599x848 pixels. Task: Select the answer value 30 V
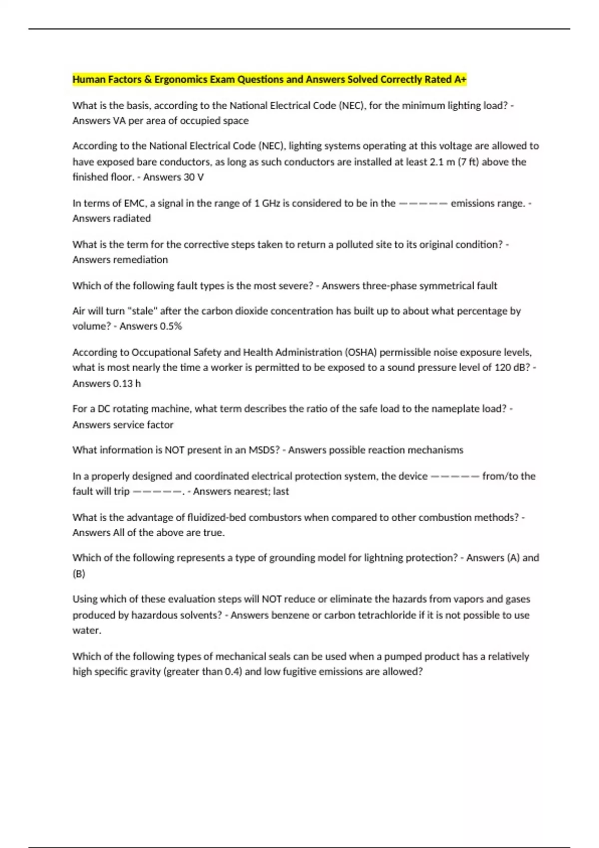pyautogui.click(x=194, y=177)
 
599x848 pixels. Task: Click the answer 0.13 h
pyautogui.click(x=127, y=384)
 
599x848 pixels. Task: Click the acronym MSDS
pyautogui.click(x=264, y=450)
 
